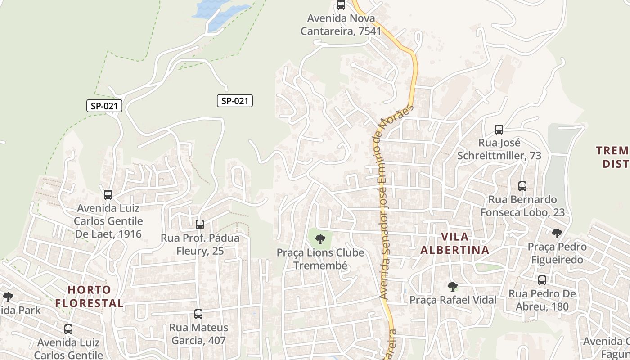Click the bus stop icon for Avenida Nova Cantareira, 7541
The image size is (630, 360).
click(x=341, y=5)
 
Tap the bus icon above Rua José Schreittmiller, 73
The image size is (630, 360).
click(x=499, y=130)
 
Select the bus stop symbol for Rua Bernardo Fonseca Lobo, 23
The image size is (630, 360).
click(x=522, y=186)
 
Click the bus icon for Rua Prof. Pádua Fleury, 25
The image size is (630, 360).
click(x=200, y=224)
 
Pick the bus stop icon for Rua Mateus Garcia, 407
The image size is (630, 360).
click(x=198, y=314)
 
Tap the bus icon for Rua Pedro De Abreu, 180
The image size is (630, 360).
click(x=542, y=280)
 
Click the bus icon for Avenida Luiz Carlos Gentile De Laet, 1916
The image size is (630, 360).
click(x=108, y=195)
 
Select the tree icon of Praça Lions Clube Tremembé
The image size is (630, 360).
click(x=320, y=239)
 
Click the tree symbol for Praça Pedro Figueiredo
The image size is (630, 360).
click(x=557, y=233)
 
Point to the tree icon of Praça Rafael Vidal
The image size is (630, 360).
click(x=453, y=286)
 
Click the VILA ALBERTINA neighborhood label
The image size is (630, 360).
click(x=454, y=243)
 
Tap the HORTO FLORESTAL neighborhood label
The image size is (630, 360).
click(x=89, y=296)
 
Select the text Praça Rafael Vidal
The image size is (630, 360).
click(x=453, y=300)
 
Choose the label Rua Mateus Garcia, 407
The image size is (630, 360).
click(x=198, y=334)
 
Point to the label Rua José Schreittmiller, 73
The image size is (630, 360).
click(x=499, y=149)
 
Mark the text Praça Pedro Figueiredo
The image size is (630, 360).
click(x=557, y=253)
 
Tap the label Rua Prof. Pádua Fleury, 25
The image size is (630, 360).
click(x=200, y=244)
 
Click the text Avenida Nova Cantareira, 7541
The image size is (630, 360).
click(x=341, y=25)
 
